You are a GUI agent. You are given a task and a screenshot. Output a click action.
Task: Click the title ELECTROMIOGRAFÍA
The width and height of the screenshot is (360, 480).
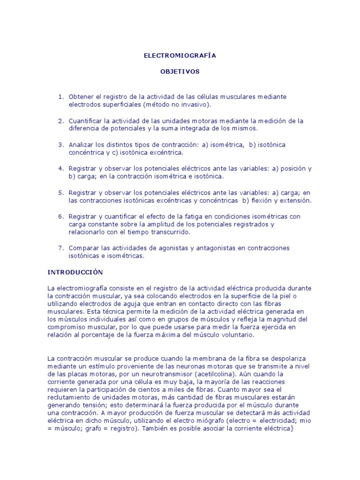pos(180,55)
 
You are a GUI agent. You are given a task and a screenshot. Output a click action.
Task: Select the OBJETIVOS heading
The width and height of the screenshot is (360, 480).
pos(180,72)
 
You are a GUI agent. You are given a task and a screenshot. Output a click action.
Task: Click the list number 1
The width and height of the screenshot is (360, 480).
pos(60,97)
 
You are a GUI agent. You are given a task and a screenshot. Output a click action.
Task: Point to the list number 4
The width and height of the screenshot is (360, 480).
pos(60,168)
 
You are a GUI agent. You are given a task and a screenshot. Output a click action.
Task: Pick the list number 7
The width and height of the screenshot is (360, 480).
pos(60,248)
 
